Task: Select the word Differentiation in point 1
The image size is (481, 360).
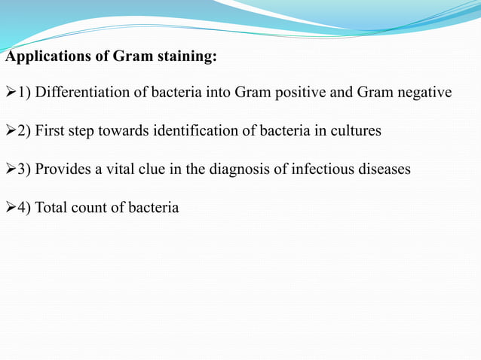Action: (84, 93)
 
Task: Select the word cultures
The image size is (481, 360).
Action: (357, 131)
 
